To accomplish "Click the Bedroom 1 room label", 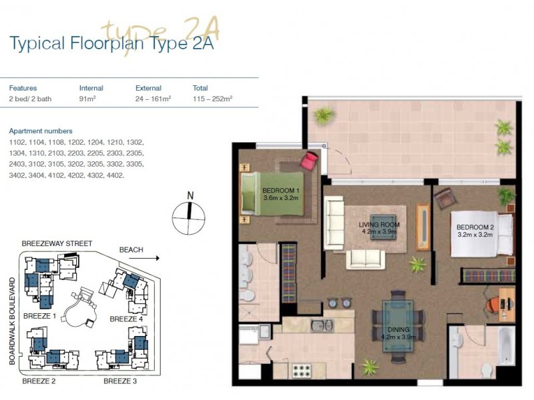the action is pyautogui.click(x=280, y=194).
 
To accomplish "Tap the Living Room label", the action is pyautogui.click(x=379, y=228).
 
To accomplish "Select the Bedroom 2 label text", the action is pyautogui.click(x=475, y=231).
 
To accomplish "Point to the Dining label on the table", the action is pyautogui.click(x=398, y=333).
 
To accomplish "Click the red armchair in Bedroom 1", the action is pyautogui.click(x=309, y=161).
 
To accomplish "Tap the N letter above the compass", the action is pyautogui.click(x=190, y=195).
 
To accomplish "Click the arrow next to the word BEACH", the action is pyautogui.click(x=144, y=258).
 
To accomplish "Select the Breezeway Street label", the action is pyautogui.click(x=57, y=243).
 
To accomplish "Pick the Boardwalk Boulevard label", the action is pyautogui.click(x=12, y=321).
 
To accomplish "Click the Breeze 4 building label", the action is pyautogui.click(x=126, y=319).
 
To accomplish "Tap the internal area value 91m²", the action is pyautogui.click(x=87, y=99).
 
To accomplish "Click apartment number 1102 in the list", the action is pyautogui.click(x=17, y=142).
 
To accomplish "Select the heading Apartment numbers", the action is pyautogui.click(x=41, y=131).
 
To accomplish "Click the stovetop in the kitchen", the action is pyautogui.click(x=302, y=370).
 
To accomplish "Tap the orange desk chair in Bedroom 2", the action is pyautogui.click(x=492, y=305).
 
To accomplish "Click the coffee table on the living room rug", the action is pyautogui.click(x=383, y=227).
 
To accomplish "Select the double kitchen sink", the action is pyautogui.click(x=322, y=325).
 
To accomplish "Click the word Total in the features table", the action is pyautogui.click(x=200, y=88).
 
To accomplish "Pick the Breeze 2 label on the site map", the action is pyautogui.click(x=39, y=381).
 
